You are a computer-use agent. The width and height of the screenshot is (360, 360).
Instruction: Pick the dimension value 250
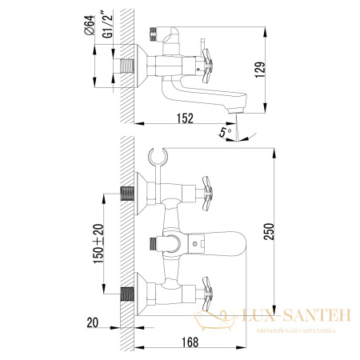click(279, 232)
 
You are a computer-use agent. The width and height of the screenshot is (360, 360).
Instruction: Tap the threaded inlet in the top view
click(127, 63)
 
